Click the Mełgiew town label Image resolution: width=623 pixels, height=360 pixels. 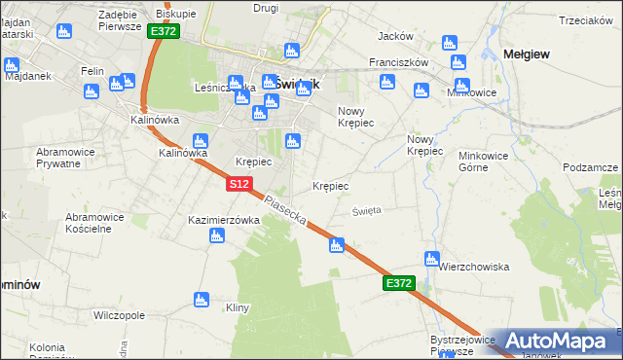click(525, 54)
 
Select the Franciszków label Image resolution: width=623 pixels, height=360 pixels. click(399, 61)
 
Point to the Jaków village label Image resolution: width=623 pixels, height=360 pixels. click(395, 36)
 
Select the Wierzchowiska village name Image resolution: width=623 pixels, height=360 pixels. click(474, 267)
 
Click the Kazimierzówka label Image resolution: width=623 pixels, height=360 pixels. click(224, 220)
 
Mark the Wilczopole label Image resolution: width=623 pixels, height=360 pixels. click(119, 315)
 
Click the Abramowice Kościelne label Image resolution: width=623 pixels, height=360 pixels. click(97, 223)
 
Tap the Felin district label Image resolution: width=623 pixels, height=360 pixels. click(92, 71)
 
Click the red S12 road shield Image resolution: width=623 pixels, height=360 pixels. click(241, 183)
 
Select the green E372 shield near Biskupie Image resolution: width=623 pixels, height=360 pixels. click(163, 31)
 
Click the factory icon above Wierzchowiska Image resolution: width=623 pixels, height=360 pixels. click(431, 259)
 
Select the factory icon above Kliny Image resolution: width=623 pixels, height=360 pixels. click(202, 299)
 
